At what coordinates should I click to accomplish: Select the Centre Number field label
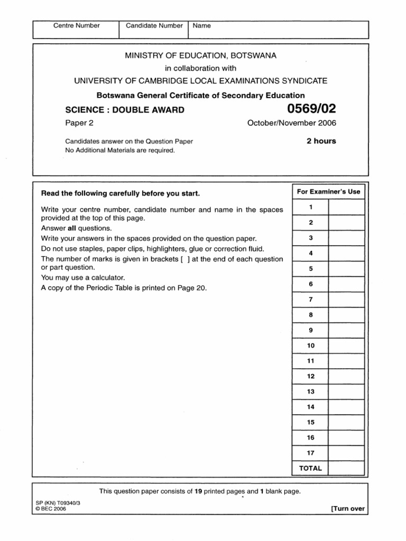77,25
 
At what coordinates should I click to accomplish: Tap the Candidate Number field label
154,25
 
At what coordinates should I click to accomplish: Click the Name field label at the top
202,25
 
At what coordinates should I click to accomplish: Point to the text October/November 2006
292,123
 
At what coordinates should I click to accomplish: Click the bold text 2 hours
321,141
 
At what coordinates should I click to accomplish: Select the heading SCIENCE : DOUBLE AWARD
125,110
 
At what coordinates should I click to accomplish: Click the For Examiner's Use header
328,192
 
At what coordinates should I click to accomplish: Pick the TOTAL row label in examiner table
310,468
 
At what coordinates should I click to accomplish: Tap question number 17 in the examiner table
310,453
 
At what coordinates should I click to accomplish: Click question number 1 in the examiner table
310,207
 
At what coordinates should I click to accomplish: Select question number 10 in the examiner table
310,346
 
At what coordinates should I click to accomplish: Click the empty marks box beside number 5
347,268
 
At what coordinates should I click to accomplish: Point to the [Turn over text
347,509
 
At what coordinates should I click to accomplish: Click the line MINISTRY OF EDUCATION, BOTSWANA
200,55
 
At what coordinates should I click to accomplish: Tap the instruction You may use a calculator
83,278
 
